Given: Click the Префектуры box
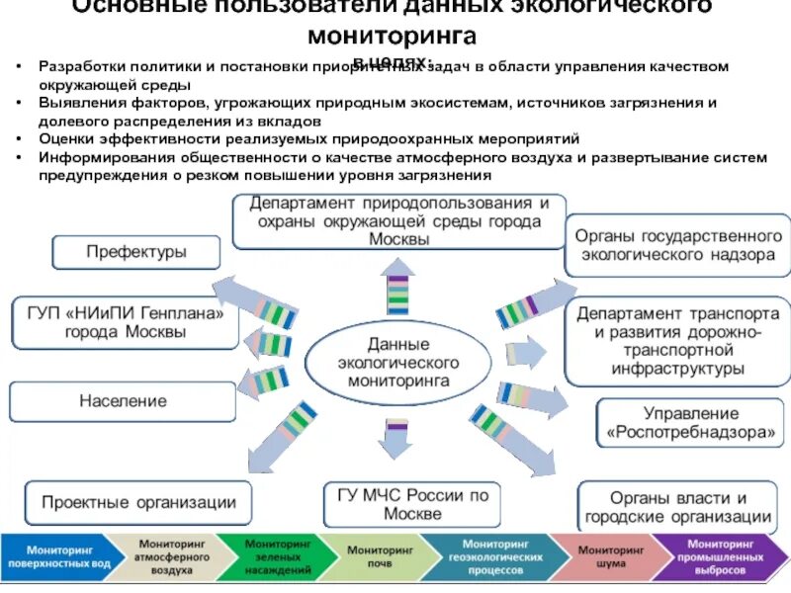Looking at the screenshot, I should click(x=136, y=252).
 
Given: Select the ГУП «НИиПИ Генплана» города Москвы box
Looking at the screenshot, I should click(x=126, y=322).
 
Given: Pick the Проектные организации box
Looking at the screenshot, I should click(x=138, y=503).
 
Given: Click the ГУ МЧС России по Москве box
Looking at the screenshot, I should click(x=412, y=504).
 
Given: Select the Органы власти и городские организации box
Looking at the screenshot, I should click(x=677, y=507).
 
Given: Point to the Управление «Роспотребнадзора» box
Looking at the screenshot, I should click(x=691, y=423).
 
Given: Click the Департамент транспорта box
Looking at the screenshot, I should click(x=678, y=341).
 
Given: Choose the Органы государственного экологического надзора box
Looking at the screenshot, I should click(x=677, y=245).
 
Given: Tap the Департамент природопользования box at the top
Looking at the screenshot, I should click(x=399, y=220).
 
